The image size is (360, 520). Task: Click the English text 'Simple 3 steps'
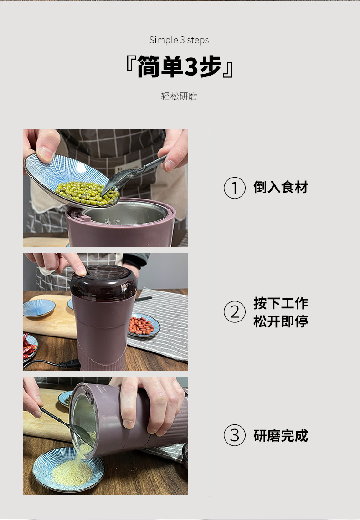tap(179, 40)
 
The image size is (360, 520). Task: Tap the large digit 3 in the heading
tap(190, 67)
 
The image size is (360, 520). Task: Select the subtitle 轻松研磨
tap(179, 97)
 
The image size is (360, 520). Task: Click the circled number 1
tap(235, 188)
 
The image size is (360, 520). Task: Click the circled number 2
tap(235, 312)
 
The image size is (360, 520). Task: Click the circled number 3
tap(235, 436)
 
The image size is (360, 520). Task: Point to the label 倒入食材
tap(281, 187)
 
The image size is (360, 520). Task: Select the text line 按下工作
tap(281, 303)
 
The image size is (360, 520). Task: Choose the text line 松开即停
tap(281, 321)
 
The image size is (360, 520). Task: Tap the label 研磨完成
tap(281, 436)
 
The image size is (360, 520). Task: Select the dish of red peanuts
tap(143, 326)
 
